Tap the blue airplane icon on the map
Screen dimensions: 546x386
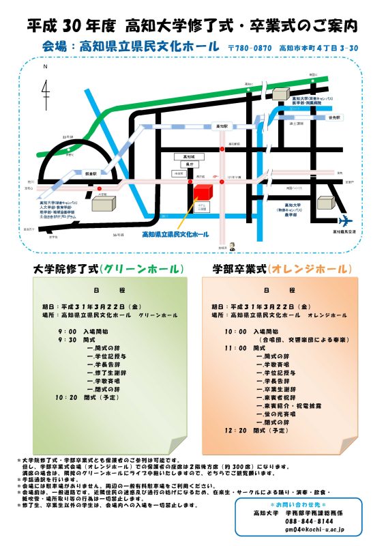[345, 220]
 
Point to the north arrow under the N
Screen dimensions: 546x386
[45, 89]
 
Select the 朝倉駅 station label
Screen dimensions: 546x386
[91, 173]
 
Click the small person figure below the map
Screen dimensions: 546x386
[231, 246]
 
